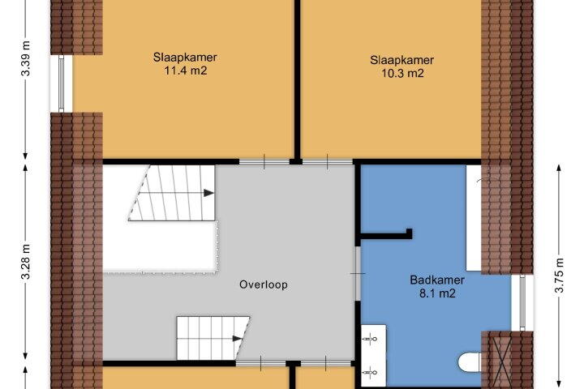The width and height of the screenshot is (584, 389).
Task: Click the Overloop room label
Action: coord(264,284)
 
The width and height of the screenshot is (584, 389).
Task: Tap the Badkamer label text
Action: coord(437,280)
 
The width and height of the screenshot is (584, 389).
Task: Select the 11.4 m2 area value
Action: coord(185,71)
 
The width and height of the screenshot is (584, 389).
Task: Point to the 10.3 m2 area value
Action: coord(402,73)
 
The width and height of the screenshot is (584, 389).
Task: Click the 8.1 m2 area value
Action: coord(437,293)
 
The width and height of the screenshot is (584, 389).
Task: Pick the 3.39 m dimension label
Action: coord(26,58)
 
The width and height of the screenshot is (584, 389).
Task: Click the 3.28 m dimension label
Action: coord(26,261)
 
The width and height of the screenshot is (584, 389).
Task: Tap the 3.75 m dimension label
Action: coord(560,275)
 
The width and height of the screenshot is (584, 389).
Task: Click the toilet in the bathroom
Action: coord(470,362)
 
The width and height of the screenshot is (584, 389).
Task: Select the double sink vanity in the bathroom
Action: coord(374,356)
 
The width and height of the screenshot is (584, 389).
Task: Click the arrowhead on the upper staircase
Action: coord(208,193)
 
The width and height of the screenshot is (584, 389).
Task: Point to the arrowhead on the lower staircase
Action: coord(237,339)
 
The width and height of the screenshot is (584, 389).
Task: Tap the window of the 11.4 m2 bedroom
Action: coord(62,83)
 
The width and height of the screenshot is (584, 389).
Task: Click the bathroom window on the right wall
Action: coord(522,303)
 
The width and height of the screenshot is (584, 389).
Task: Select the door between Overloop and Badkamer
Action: coord(358,274)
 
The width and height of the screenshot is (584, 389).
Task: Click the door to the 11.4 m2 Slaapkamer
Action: coord(264,162)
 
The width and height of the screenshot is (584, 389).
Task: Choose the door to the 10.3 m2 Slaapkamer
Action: coord(327,162)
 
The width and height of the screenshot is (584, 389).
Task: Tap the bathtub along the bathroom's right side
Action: coord(474,218)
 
